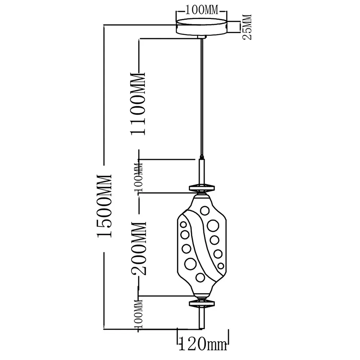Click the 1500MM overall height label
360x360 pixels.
(x=104, y=206)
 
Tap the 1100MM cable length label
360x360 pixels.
(x=138, y=104)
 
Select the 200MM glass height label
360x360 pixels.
(x=139, y=248)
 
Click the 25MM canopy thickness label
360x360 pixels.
(x=247, y=27)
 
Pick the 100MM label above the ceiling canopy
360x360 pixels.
(x=202, y=10)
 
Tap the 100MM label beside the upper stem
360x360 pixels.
(x=138, y=177)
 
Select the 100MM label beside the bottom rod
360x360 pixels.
(x=138, y=314)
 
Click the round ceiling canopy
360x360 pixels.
(x=202, y=27)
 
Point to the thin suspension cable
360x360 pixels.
(x=202, y=96)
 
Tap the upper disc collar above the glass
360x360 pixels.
(x=202, y=188)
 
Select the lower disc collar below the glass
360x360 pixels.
(x=202, y=303)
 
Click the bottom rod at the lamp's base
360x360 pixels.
(x=202, y=318)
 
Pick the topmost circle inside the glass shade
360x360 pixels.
(x=205, y=210)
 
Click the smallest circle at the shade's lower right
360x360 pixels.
(x=221, y=266)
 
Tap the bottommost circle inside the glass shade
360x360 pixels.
(x=200, y=278)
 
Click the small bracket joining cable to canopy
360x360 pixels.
(x=202, y=37)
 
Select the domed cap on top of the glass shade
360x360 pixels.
(x=202, y=195)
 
